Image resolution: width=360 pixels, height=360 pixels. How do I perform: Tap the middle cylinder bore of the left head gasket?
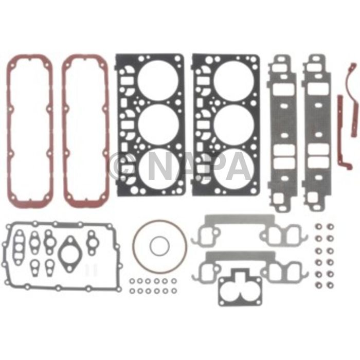158,125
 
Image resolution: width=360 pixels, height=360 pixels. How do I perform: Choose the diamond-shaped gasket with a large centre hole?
69,253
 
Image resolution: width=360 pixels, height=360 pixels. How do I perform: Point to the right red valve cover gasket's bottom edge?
85,203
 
